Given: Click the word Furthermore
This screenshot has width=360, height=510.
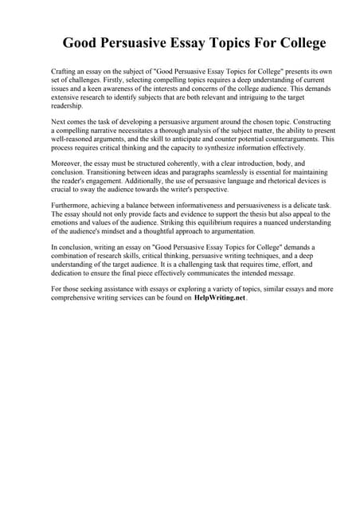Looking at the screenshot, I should point(73,206).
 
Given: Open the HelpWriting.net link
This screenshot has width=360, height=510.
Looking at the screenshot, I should point(221,299).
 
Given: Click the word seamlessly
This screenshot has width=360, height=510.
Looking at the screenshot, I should point(213,173).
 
